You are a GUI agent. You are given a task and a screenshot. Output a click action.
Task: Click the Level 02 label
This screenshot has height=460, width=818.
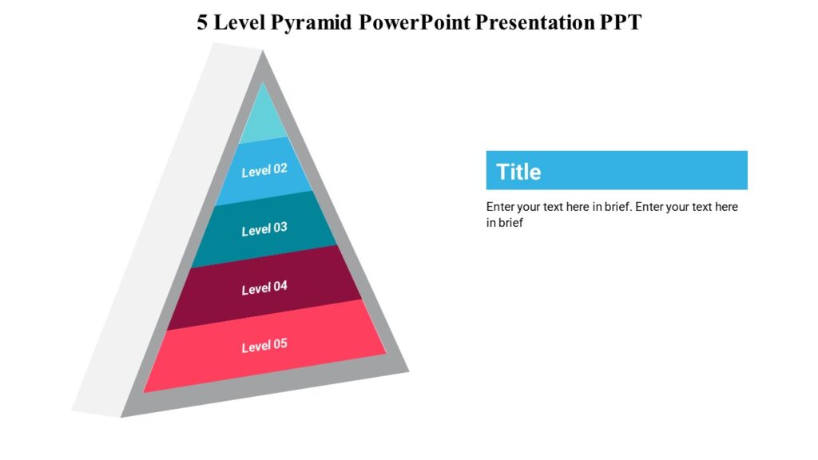click(x=264, y=170)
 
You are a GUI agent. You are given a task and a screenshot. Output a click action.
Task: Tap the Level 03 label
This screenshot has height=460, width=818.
click(x=264, y=228)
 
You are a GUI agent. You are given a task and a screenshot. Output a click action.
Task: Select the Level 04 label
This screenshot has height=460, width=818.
click(x=264, y=287)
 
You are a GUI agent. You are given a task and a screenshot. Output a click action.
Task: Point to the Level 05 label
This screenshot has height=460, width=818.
click(x=264, y=346)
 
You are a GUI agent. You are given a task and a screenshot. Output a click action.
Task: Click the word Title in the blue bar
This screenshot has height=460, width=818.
click(x=518, y=172)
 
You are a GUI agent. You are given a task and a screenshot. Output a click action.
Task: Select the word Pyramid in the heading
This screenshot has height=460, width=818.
click(x=312, y=22)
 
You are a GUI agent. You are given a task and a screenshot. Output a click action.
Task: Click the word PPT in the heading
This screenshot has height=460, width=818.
click(x=620, y=22)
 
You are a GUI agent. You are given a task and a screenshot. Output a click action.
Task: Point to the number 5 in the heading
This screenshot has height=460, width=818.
click(x=203, y=22)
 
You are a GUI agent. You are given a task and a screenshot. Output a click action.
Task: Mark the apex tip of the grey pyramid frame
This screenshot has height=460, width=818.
click(x=262, y=54)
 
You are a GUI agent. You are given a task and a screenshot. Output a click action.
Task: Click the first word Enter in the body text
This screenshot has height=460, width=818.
click(x=500, y=207)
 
